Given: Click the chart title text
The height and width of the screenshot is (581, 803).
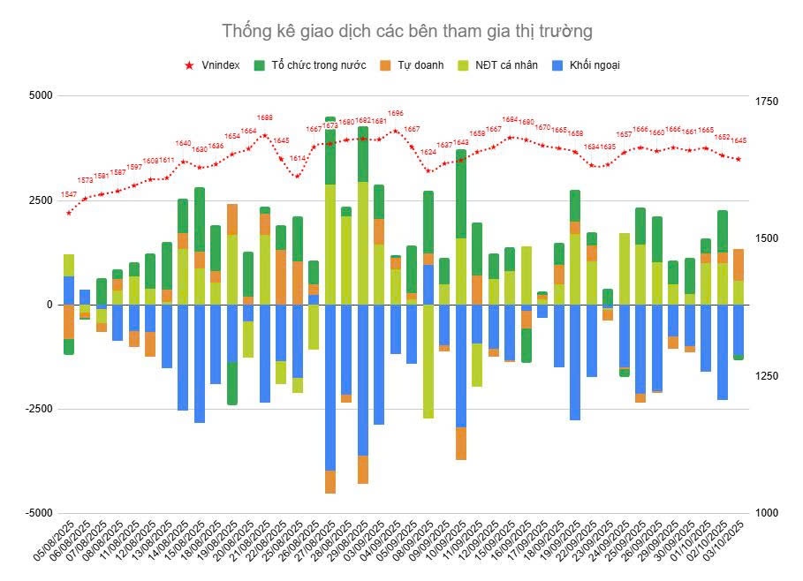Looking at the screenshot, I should coord(407,32).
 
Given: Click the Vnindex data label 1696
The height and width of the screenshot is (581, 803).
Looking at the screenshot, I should coord(396,114).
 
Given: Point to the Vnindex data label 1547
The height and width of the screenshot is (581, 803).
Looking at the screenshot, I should coord(69,194).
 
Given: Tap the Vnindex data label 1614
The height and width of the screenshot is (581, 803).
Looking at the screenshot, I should coord(298,158).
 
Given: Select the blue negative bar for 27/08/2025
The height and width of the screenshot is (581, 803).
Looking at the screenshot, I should coord(330,389).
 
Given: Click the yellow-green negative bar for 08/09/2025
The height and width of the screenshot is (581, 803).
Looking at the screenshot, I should coord(428,362).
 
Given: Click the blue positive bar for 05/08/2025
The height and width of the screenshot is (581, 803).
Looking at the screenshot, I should coord(69,290).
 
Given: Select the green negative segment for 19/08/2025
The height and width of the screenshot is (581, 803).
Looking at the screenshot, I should coord(232,384).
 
